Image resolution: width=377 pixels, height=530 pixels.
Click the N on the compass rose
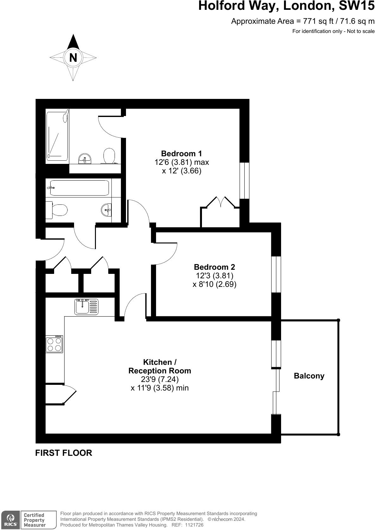click(x=73, y=58)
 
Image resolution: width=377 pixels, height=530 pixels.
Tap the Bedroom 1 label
click(x=181, y=154)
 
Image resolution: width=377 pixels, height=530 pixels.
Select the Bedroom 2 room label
click(x=214, y=267)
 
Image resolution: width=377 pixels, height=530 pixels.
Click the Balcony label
click(x=309, y=376)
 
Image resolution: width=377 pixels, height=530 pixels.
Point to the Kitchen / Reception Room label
click(x=160, y=366)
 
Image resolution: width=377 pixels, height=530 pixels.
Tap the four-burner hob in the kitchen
click(x=54, y=344)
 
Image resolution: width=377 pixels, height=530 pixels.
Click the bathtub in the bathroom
click(x=79, y=188)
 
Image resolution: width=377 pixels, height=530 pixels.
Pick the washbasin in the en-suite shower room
click(x=85, y=158)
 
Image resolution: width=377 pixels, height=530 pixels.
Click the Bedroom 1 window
click(x=244, y=181)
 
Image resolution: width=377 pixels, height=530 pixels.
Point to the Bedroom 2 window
click(x=276, y=274)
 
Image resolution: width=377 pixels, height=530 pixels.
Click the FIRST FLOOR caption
click(x=64, y=453)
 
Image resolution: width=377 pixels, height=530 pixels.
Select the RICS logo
click(x=9, y=520)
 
